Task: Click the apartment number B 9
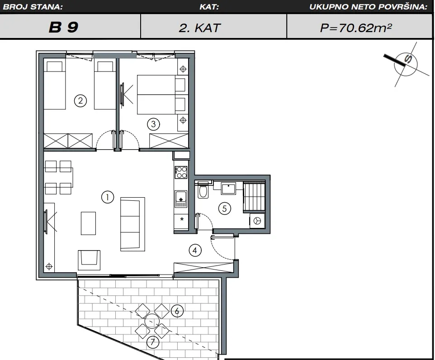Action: [x=63, y=27]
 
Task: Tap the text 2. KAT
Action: [x=200, y=28]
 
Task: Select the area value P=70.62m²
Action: [x=356, y=28]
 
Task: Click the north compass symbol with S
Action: [x=406, y=64]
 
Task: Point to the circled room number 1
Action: [x=108, y=197]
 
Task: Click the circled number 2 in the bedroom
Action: [x=80, y=101]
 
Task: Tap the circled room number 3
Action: [x=153, y=124]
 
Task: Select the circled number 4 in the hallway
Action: [x=195, y=251]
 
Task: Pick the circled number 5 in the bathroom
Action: [x=225, y=208]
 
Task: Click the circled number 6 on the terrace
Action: [x=177, y=311]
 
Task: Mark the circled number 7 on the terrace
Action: [x=153, y=342]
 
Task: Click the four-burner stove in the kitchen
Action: [x=181, y=172]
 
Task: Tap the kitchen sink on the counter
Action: [x=181, y=199]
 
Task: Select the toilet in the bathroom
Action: [x=203, y=189]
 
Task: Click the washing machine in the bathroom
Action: [x=257, y=221]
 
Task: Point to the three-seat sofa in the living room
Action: [x=132, y=224]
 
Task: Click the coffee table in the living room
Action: [x=89, y=223]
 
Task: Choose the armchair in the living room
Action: [x=89, y=260]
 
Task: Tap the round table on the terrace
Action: [x=152, y=321]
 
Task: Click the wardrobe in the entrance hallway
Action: [x=204, y=268]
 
